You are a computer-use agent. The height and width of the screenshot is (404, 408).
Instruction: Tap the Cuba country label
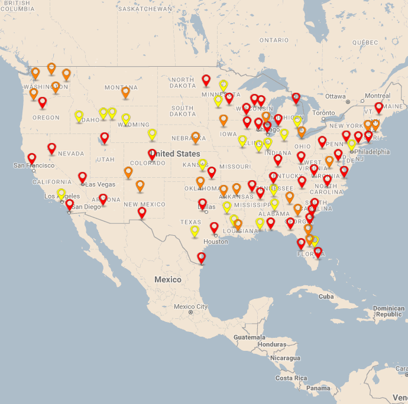(326, 296)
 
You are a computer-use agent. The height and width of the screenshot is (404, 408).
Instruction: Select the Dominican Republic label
(388, 311)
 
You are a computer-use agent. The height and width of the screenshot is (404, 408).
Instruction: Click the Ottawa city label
(335, 96)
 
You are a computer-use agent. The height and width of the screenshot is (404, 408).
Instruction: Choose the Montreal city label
(377, 96)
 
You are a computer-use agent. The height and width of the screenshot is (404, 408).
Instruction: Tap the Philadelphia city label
(373, 152)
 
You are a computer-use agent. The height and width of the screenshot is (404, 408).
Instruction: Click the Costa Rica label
(292, 377)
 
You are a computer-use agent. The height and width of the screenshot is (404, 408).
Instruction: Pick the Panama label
(318, 388)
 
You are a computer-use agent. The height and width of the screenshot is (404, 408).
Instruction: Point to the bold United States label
(176, 154)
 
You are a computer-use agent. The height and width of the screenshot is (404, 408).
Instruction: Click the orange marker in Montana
(125, 92)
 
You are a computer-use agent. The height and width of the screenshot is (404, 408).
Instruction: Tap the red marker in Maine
(378, 107)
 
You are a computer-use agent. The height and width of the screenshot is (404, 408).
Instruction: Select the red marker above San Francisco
(32, 158)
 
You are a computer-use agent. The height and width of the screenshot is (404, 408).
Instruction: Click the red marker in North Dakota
(206, 80)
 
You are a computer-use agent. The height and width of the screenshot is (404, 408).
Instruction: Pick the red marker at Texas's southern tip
(201, 258)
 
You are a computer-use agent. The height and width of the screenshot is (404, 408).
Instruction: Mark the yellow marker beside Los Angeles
(61, 194)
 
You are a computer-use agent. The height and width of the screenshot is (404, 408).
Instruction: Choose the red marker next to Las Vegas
(83, 177)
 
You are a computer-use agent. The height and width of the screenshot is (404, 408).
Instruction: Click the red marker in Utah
(105, 138)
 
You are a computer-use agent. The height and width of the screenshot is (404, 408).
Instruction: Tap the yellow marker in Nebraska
(152, 134)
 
